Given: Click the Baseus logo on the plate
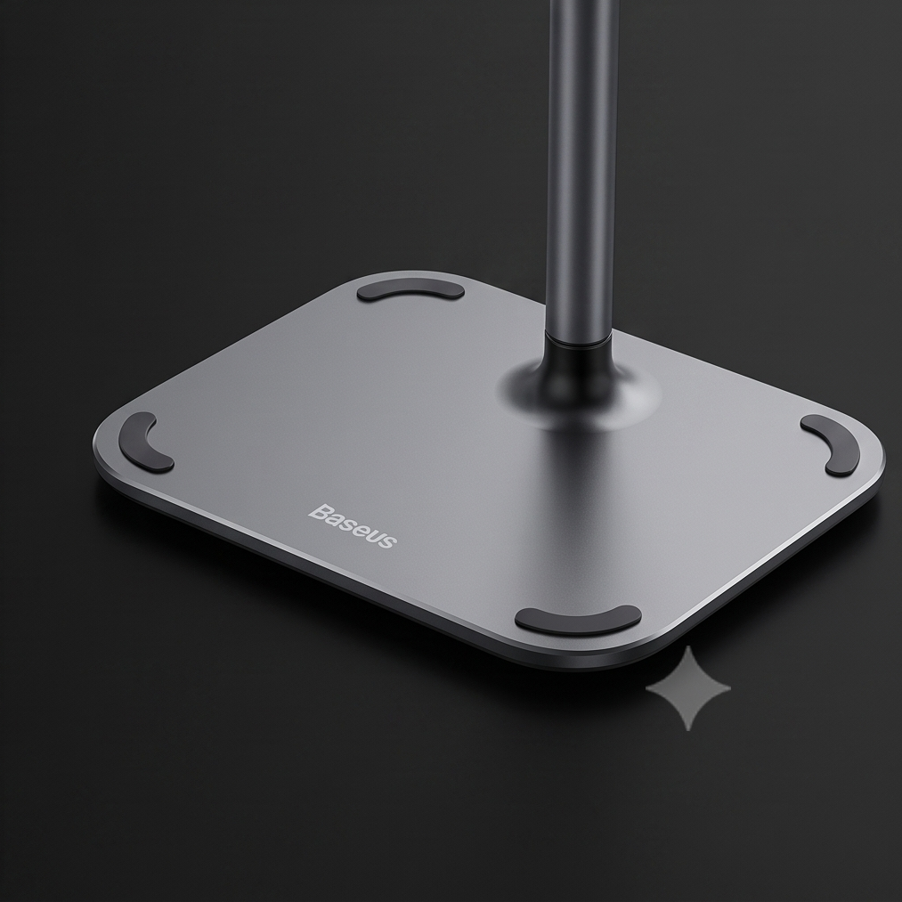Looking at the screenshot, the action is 353,525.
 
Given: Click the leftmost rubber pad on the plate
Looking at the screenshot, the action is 144,443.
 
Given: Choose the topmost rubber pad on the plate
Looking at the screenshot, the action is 410,290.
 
